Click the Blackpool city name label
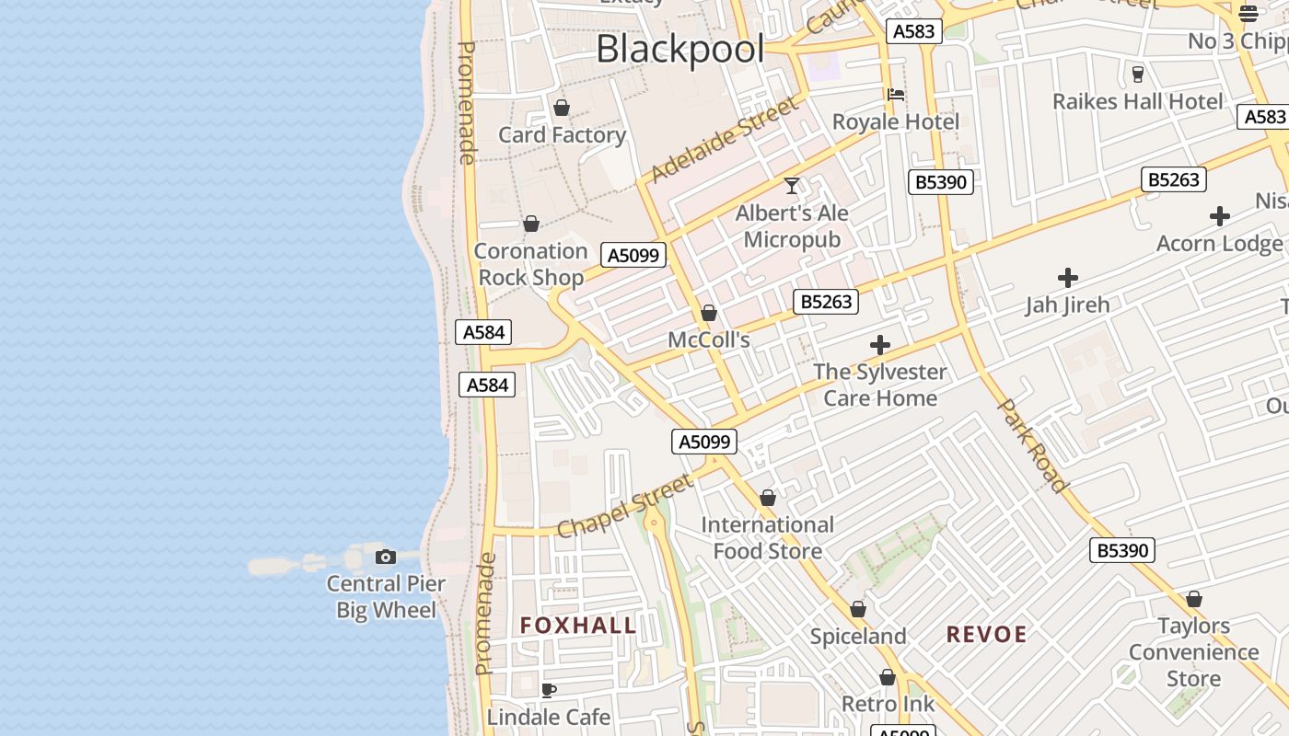(679, 49)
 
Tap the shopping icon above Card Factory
(562, 108)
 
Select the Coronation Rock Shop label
(531, 264)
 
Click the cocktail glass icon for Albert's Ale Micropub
(792, 186)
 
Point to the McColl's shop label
(709, 339)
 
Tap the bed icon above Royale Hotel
(895, 94)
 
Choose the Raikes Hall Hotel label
(1138, 101)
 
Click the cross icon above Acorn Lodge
(1220, 216)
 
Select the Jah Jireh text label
(1068, 305)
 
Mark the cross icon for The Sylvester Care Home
(880, 345)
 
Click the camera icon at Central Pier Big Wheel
(386, 557)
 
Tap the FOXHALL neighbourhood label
(578, 626)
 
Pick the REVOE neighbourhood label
(987, 634)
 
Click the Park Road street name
(1033, 445)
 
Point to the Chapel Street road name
(624, 507)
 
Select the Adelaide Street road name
(725, 140)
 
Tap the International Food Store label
(768, 538)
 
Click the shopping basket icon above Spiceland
(858, 609)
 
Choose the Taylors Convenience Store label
(1194, 652)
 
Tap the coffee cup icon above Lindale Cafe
(549, 690)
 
